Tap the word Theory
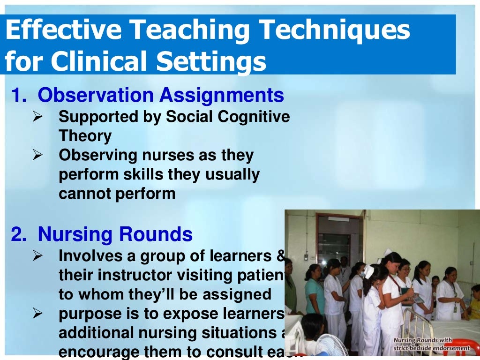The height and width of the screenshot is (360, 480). [x=85, y=136]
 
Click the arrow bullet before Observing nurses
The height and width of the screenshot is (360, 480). [x=38, y=155]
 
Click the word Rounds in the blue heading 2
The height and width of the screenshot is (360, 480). [x=163, y=234]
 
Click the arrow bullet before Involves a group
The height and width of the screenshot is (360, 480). [x=38, y=256]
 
